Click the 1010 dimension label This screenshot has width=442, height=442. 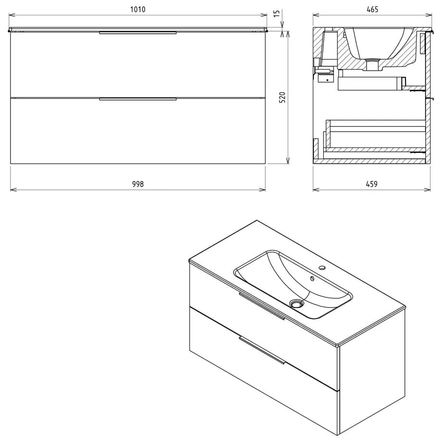pos(137,9)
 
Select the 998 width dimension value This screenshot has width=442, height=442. pos(137,184)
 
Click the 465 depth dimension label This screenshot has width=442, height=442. pos(372,9)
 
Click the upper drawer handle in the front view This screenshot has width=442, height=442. pos(138,33)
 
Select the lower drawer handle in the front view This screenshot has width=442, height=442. pos(138,99)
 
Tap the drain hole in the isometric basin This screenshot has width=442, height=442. pos(297,303)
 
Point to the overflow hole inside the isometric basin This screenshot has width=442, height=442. pos(313,278)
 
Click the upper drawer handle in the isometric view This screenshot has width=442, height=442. pos(262,306)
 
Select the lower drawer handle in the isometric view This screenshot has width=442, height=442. pos(262,350)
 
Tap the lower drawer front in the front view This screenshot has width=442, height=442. pos(138,132)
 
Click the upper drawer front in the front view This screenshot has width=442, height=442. pos(138,65)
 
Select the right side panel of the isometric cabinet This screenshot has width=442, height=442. pos(372,380)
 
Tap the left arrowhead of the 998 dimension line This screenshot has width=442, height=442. pos(12,190)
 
